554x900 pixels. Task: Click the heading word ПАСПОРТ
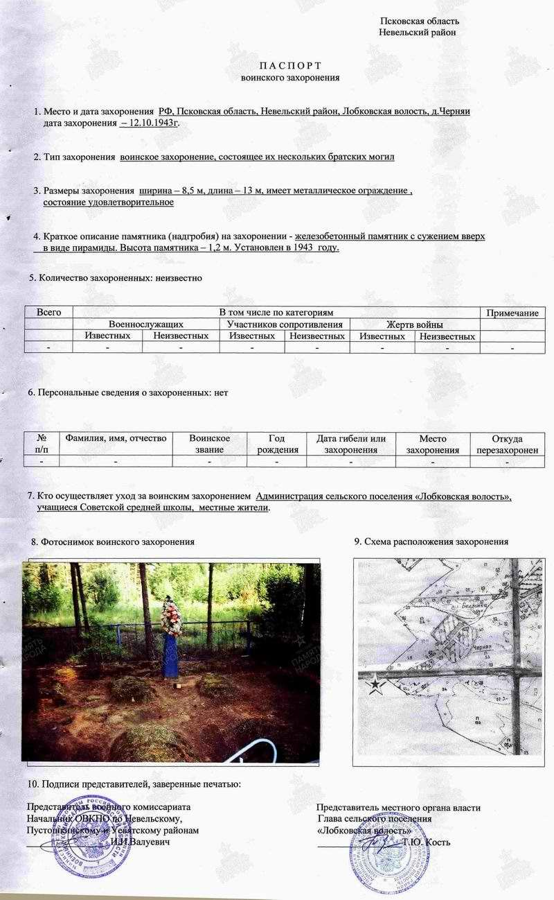[x=290, y=65]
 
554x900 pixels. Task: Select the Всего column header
[x=48, y=313]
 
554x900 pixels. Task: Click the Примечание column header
[x=512, y=313]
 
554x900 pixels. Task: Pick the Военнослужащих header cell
[x=145, y=324]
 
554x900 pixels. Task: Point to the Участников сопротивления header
[x=285, y=324]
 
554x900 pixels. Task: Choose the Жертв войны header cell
[x=414, y=324]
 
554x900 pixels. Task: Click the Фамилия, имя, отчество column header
[x=116, y=438]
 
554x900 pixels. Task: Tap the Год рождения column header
[x=276, y=444]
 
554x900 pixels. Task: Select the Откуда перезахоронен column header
[x=507, y=444]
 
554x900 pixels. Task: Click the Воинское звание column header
[x=209, y=444]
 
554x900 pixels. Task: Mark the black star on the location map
[x=375, y=686]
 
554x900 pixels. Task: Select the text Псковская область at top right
[x=419, y=21]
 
